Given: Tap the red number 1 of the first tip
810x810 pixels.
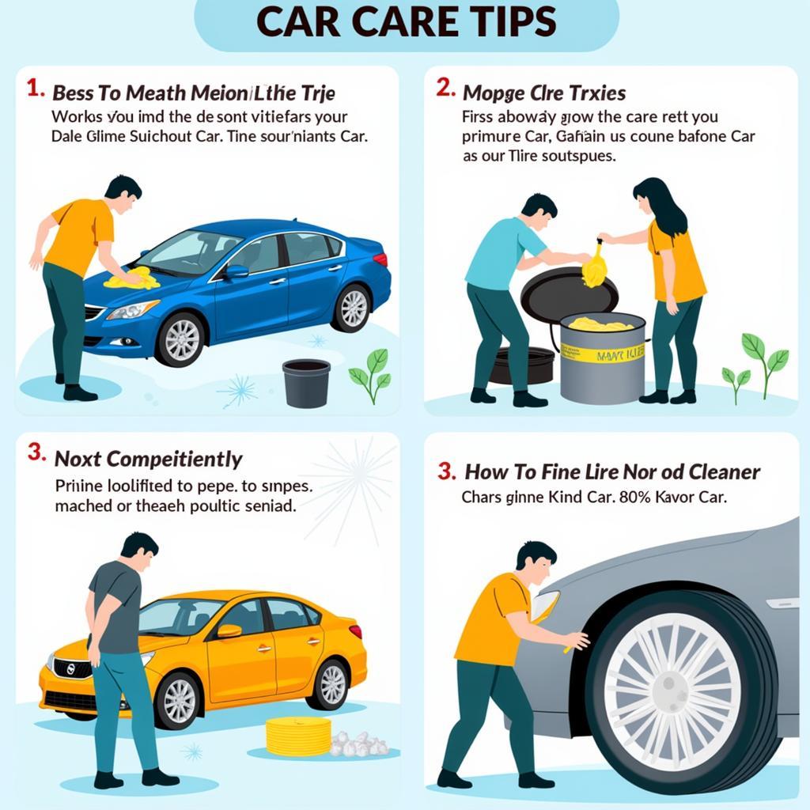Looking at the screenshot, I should tap(34, 89).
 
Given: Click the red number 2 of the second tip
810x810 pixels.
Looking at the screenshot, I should tap(445, 89).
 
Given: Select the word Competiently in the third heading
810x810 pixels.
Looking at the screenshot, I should tap(174, 459).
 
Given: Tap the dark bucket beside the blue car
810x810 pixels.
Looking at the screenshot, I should tap(305, 383).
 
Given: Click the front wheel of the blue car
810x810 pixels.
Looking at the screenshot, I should tap(181, 338).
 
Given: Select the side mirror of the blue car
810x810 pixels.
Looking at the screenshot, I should tap(236, 272).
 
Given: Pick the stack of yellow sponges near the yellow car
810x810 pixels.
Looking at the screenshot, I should tap(298, 736).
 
